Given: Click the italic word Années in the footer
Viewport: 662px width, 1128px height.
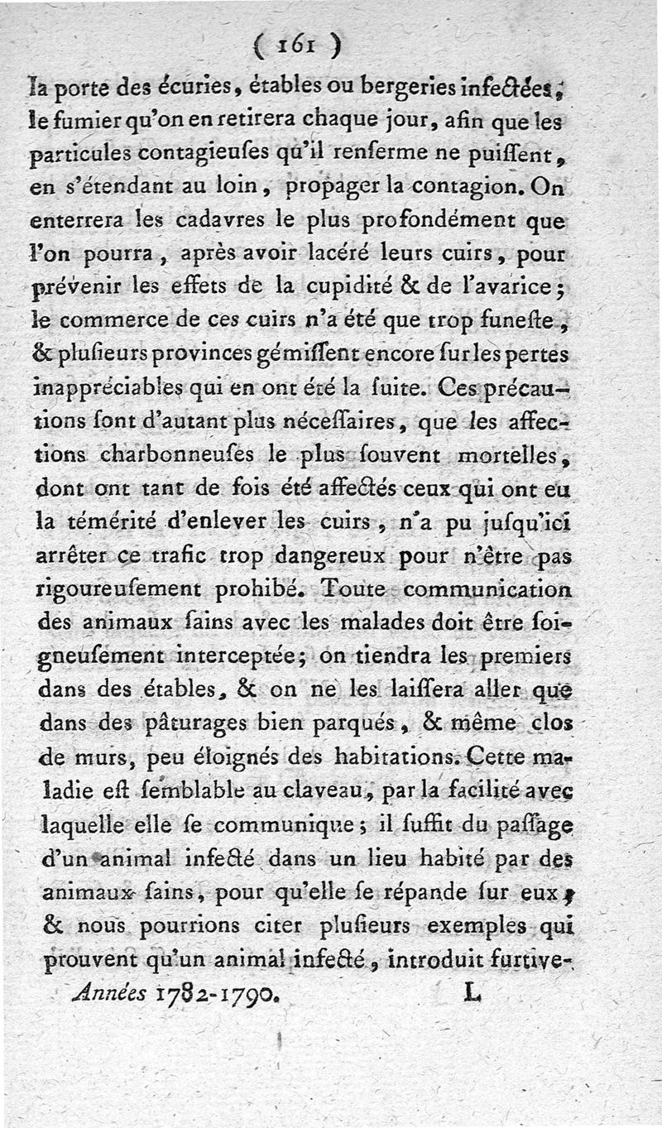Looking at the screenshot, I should tap(110, 991).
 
